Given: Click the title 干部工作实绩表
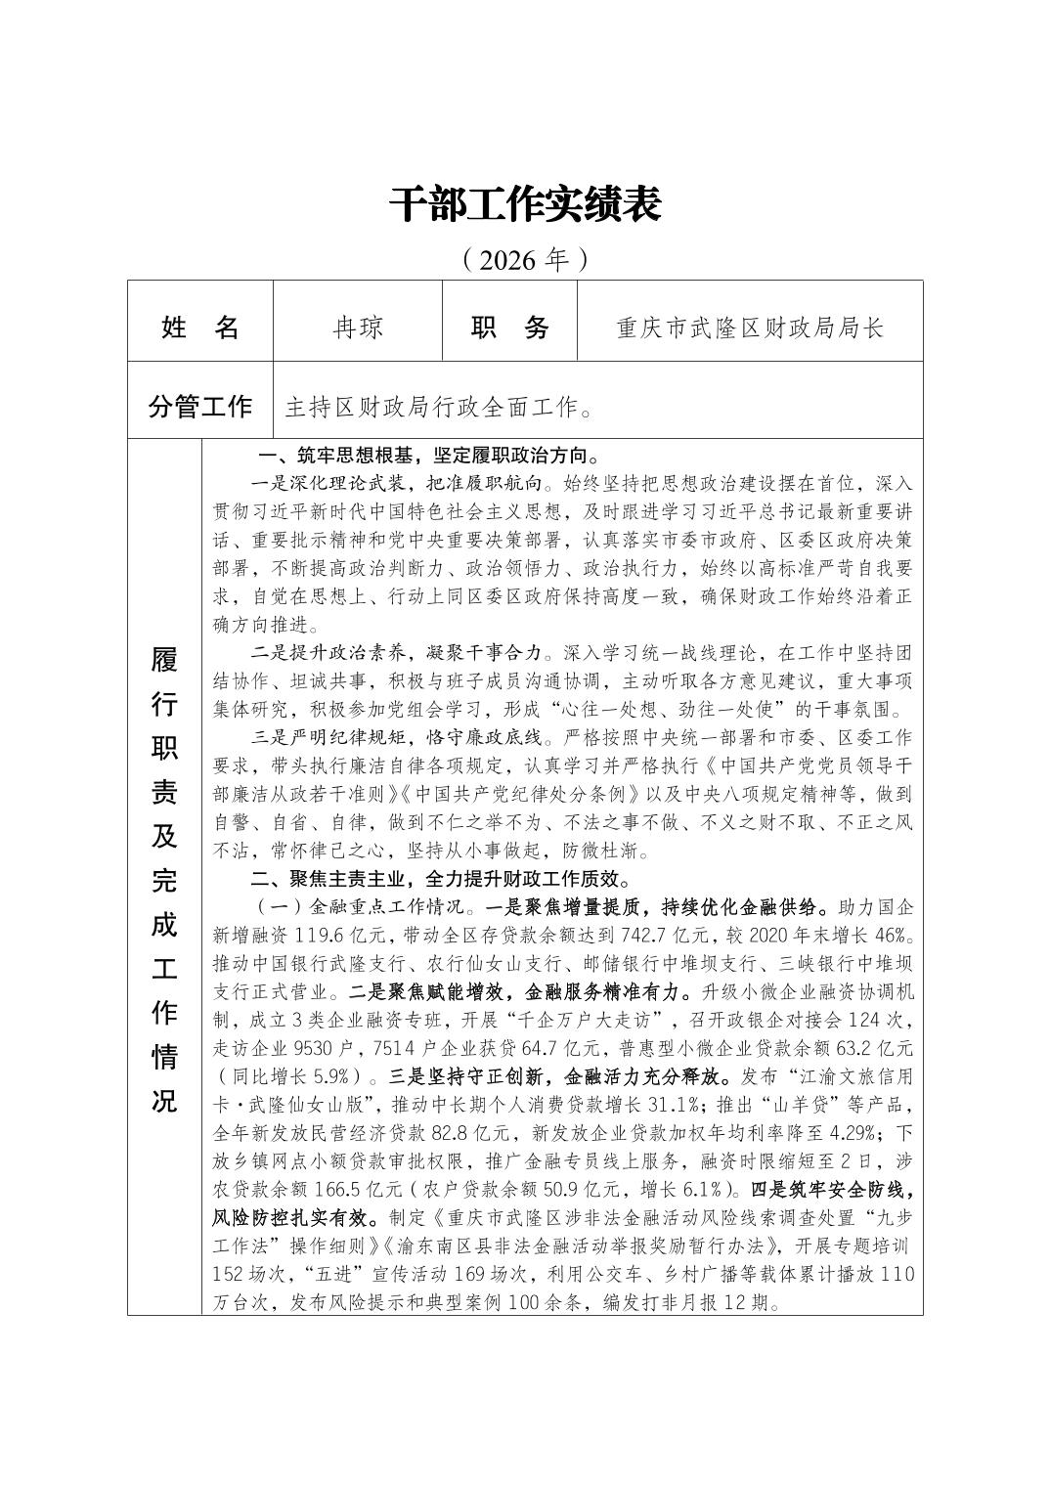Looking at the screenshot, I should click(x=525, y=204).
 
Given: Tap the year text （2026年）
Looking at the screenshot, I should click(x=525, y=260).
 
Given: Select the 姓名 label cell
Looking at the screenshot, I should click(x=200, y=327).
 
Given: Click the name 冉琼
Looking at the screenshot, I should click(x=358, y=327).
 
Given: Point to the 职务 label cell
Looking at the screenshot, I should click(x=510, y=327).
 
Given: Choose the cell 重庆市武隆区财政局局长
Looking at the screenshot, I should click(x=750, y=327).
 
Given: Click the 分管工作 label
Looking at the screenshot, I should click(x=200, y=406).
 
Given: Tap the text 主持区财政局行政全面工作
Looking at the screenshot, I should click(x=437, y=407).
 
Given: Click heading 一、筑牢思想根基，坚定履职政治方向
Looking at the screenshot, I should click(x=428, y=456).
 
